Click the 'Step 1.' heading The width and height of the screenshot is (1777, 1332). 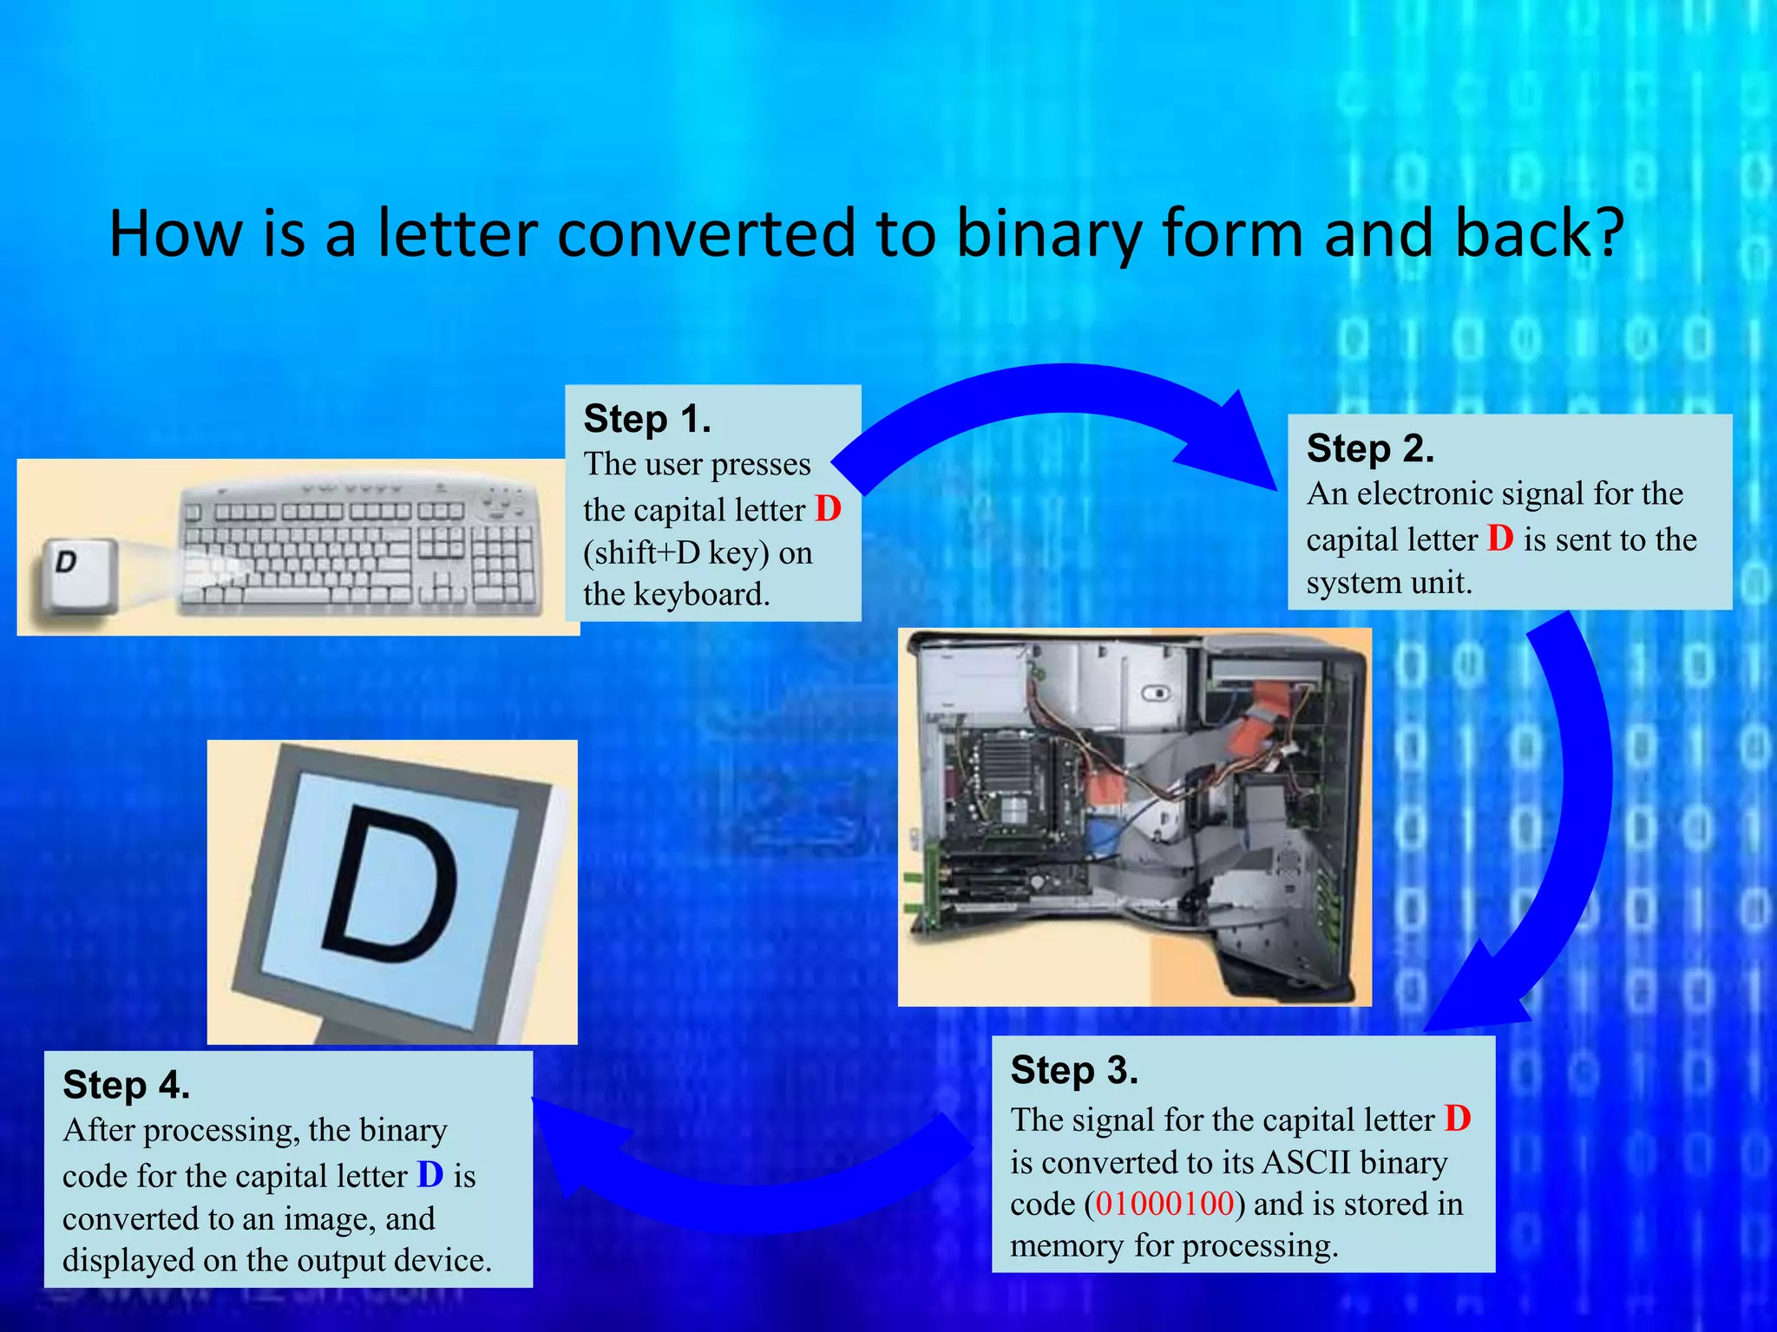pyautogui.click(x=647, y=419)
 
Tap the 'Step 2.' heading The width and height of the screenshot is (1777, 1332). pyautogui.click(x=1370, y=448)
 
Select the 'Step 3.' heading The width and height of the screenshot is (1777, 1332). pyautogui.click(x=1074, y=1070)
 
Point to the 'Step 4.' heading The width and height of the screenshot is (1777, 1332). pyautogui.click(x=127, y=1085)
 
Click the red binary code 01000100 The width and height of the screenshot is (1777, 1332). pyautogui.click(x=1164, y=1204)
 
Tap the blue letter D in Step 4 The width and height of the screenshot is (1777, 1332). pyautogui.click(x=430, y=1175)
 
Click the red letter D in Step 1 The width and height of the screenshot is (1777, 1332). pyautogui.click(x=828, y=509)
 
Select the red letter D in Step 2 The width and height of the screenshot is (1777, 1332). pyautogui.click(x=1500, y=539)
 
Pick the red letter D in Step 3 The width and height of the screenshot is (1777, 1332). pyautogui.click(x=1458, y=1119)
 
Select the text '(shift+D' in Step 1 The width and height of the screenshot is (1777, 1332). pyautogui.click(x=641, y=552)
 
